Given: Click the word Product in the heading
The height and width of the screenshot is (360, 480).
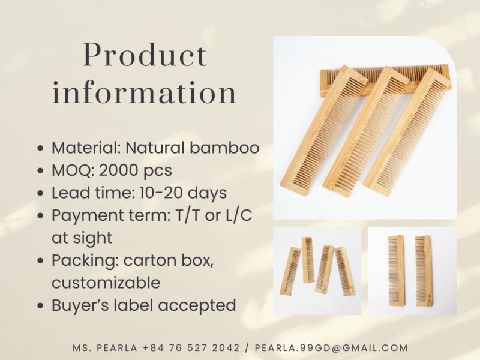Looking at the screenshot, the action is coord(145,55).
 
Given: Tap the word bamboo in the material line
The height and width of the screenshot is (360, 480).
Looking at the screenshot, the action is coord(224,148).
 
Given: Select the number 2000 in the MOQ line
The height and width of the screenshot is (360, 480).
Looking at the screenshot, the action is coord(118,170).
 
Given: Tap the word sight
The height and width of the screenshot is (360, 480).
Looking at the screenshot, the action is coord(93,238).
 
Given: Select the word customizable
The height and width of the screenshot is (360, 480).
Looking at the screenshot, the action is coord(106,283).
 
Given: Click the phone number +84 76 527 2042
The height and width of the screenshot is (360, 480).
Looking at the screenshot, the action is coord(191,348).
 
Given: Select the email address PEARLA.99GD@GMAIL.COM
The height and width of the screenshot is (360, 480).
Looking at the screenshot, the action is coord(331,348).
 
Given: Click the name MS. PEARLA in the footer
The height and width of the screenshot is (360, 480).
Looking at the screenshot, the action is coord(105,348).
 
